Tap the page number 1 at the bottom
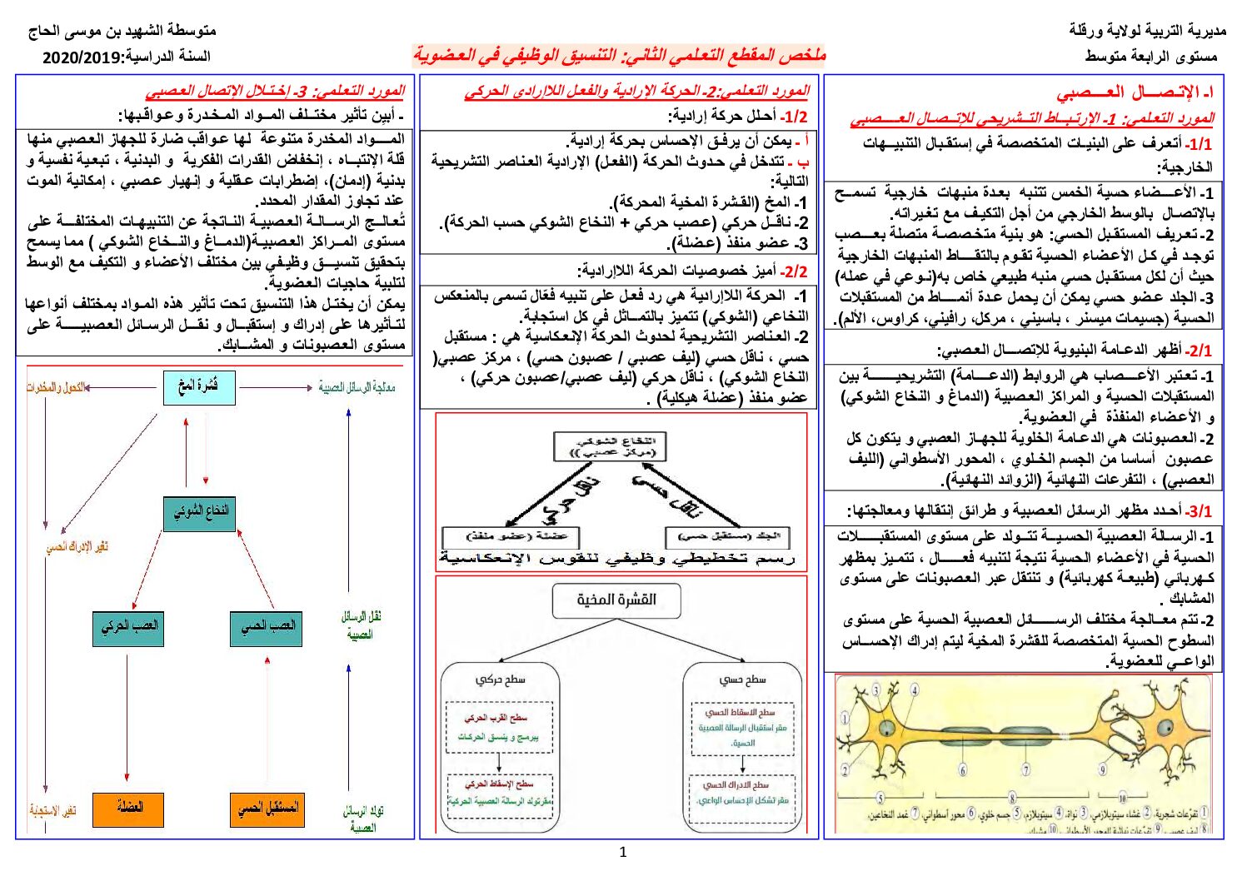point(623,853)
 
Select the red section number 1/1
point(1200,144)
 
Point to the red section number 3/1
point(1200,510)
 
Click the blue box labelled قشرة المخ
point(199,387)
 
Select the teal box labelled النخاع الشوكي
point(200,512)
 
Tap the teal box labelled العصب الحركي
point(128,627)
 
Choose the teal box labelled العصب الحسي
point(267,627)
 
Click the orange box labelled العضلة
point(128,809)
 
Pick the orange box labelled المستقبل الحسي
point(267,809)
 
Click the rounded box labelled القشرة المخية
point(616,600)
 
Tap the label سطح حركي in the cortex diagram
point(500,679)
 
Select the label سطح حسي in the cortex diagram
point(742,679)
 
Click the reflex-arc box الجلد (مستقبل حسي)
point(727,537)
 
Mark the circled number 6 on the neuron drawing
point(964,769)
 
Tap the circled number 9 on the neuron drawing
point(1102,769)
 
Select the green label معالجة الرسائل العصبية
point(357,387)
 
